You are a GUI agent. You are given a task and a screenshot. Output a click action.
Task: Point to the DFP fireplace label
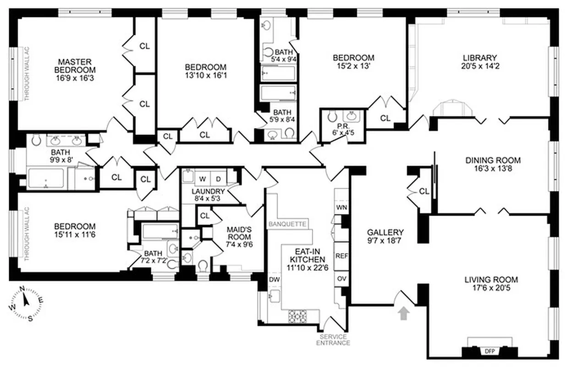pos(489,351)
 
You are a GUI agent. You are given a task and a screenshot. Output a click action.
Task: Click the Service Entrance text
pos(333,339)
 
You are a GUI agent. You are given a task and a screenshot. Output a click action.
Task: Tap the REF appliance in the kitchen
pos(341,256)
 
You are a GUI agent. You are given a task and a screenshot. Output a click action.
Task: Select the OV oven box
pos(341,278)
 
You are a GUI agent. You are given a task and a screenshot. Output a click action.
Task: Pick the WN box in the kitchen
pos(341,207)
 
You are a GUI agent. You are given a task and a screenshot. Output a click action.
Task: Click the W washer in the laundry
pos(202,178)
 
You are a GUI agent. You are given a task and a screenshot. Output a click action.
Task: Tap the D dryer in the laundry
pos(218,178)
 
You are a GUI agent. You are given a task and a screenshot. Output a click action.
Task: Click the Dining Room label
pos(493,160)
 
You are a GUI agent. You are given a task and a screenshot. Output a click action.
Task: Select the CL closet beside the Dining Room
pos(424,191)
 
